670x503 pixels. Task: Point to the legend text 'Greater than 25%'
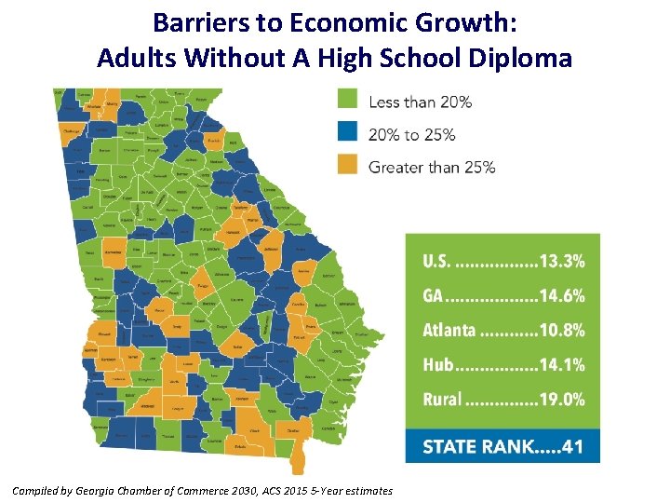[x=432, y=168]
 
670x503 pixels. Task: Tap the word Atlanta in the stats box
[x=449, y=331]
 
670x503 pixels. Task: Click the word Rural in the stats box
[x=442, y=400]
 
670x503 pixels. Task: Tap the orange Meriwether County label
[x=114, y=252]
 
